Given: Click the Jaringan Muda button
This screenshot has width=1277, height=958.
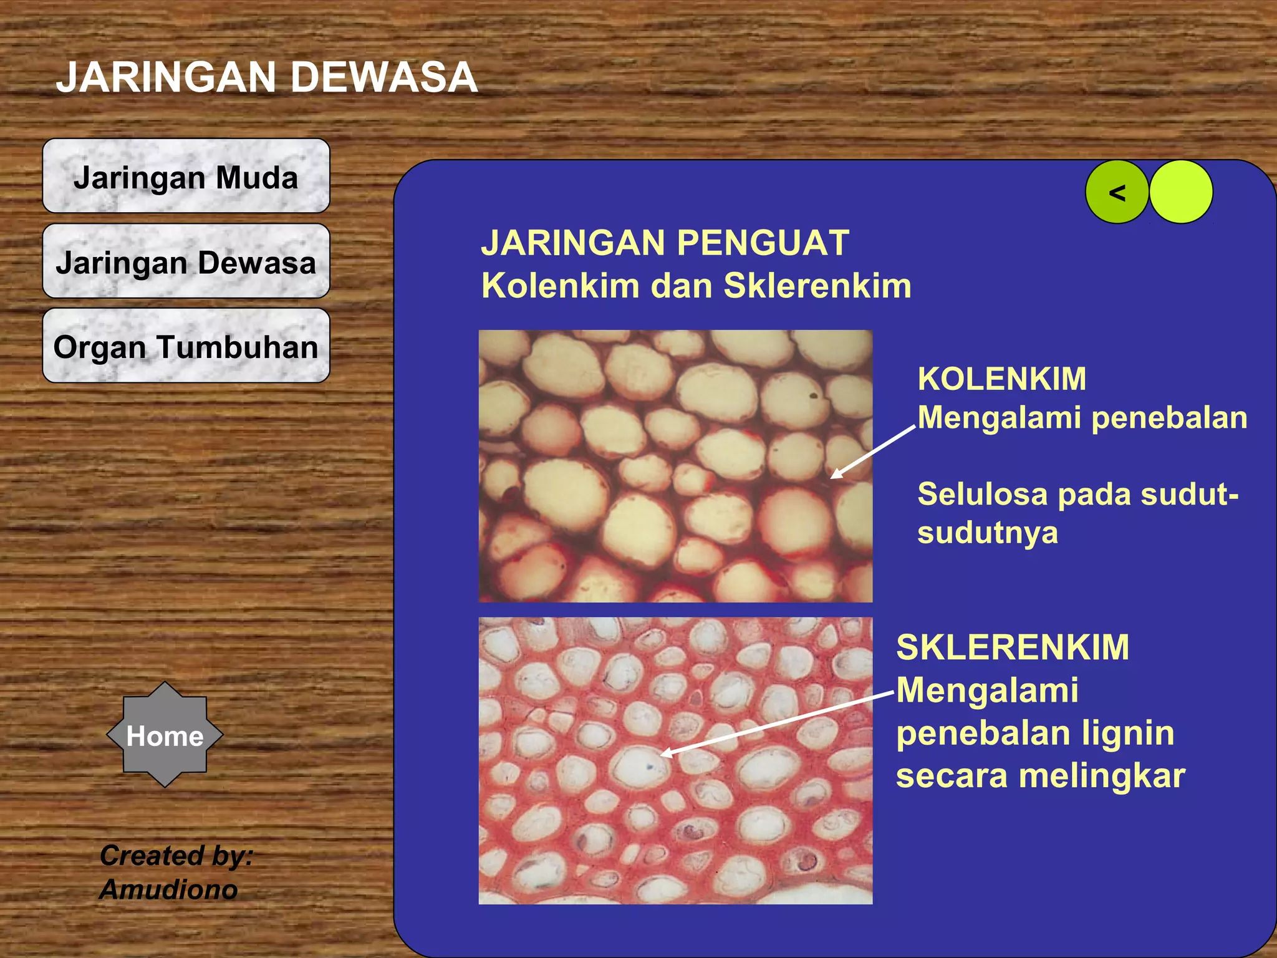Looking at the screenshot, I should click(186, 177).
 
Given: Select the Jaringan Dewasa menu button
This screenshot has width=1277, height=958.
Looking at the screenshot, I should click(186, 261).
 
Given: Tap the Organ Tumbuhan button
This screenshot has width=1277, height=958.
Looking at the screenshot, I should click(186, 346).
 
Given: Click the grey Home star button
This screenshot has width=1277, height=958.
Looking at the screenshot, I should click(165, 735).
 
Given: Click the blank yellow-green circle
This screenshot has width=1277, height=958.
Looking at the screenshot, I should click(1180, 192).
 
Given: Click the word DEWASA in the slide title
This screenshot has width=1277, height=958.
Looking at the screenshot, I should click(383, 77).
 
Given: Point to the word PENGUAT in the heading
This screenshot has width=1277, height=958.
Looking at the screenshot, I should click(763, 243).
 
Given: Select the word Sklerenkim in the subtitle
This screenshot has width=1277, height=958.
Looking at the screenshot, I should click(817, 286).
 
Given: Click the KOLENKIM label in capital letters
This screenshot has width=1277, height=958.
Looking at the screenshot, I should click(1001, 379).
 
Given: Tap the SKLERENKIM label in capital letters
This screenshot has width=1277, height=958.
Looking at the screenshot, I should click(1012, 647).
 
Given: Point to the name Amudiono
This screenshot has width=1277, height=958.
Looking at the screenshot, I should click(168, 889).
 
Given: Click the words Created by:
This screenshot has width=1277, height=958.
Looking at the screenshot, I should click(176, 855).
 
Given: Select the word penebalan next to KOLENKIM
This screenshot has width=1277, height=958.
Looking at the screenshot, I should click(1169, 417).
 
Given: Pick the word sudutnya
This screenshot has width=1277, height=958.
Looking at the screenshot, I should click(987, 533).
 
